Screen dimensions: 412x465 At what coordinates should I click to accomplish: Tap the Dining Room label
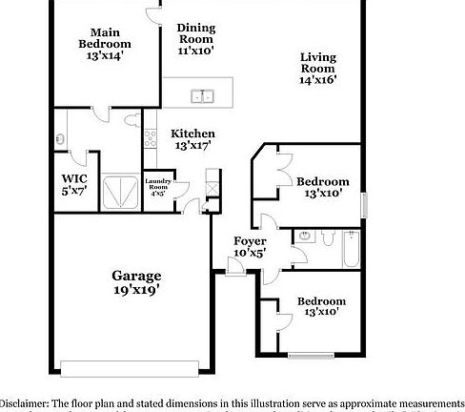coord(196,33)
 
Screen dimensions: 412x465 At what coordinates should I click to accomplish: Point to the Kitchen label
coord(192,134)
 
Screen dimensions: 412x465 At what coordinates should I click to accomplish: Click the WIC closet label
coord(74,178)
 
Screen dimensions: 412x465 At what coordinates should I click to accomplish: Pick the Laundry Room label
coord(157,184)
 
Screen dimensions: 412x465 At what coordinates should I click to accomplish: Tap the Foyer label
coord(250,241)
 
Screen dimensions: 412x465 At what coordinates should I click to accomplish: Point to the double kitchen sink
coord(201,95)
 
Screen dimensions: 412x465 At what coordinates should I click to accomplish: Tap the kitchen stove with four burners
coord(151,137)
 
